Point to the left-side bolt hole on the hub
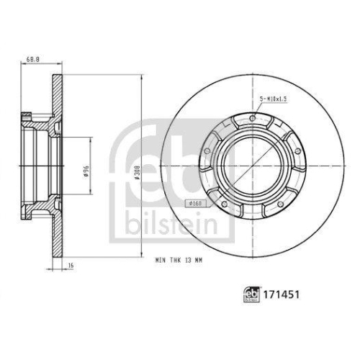point(207,151)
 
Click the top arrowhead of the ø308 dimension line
point(144,76)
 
